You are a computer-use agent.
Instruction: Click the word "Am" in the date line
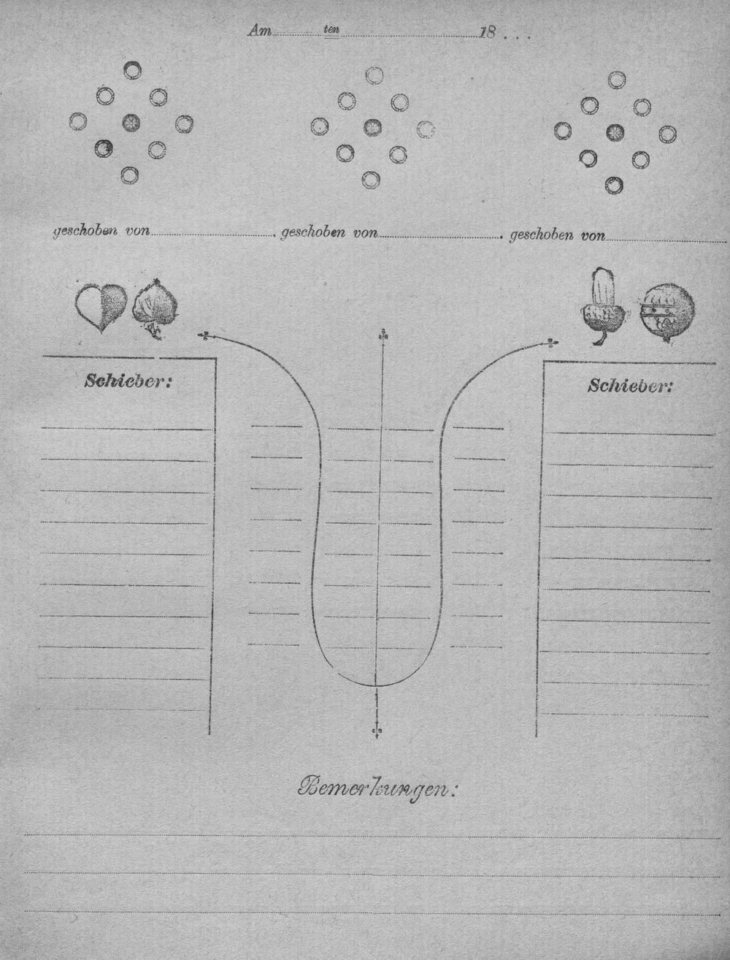(x=260, y=31)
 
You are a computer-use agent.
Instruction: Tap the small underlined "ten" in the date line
(x=331, y=29)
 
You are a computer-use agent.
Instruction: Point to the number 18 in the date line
(x=487, y=33)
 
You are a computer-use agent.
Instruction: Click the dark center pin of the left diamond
(x=131, y=123)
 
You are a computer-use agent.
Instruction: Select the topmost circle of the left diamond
(x=132, y=70)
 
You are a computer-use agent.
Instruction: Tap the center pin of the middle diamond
(x=372, y=128)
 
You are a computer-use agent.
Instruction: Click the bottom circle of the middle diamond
(x=371, y=179)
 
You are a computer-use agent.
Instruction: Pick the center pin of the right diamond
(x=615, y=132)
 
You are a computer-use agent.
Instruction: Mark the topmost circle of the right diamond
(x=616, y=80)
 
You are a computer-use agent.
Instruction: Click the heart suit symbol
(x=101, y=307)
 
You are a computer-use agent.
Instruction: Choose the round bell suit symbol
(x=667, y=313)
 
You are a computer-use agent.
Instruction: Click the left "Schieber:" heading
(x=128, y=381)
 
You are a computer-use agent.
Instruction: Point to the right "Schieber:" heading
(x=629, y=386)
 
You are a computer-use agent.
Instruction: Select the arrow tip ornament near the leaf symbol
(x=205, y=335)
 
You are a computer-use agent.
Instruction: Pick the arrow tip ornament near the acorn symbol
(x=554, y=343)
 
